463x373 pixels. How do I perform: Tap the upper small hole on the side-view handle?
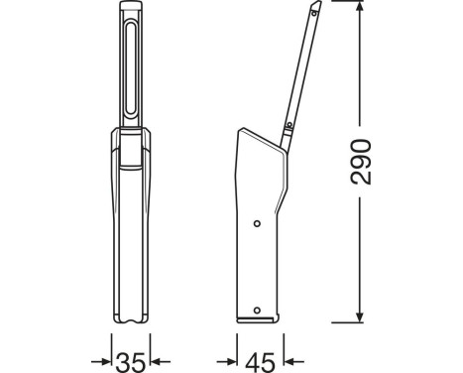[x=258, y=223]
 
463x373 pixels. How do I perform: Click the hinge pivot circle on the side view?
[x=284, y=130]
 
